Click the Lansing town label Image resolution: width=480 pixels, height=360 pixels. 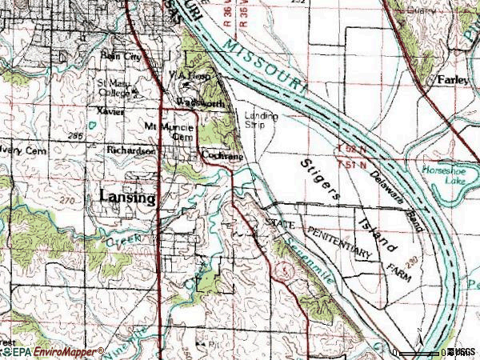[128, 198]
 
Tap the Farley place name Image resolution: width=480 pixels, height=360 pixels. [452, 80]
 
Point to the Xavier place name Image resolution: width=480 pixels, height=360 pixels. [110, 112]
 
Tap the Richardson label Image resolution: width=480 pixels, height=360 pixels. [130, 150]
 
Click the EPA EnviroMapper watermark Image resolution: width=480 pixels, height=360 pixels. [52, 351]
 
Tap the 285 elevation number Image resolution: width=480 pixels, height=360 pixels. [76, 137]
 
